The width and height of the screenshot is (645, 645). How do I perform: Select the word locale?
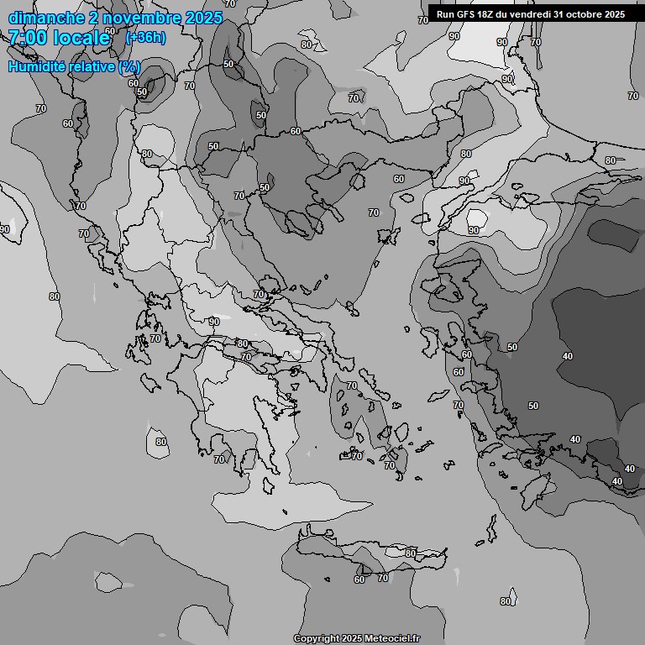(x=82, y=37)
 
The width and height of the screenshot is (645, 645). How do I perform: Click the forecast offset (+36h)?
(x=144, y=37)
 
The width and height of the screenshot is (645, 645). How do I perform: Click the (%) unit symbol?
(x=129, y=66)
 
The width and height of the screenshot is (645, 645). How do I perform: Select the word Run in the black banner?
(x=445, y=14)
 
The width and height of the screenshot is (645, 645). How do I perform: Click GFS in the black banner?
(x=466, y=14)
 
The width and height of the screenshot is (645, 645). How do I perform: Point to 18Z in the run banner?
(x=489, y=14)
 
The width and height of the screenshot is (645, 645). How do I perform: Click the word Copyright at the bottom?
(x=316, y=639)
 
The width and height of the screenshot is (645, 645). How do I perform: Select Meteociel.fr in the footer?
(x=392, y=639)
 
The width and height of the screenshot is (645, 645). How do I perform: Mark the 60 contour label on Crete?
(x=359, y=579)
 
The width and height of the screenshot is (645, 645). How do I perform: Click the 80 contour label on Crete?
(x=410, y=553)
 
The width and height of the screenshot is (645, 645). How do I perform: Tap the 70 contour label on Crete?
(x=383, y=578)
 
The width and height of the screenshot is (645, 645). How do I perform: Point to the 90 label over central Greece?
(x=214, y=322)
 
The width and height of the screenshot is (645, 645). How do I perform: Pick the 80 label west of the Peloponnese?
(x=161, y=442)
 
